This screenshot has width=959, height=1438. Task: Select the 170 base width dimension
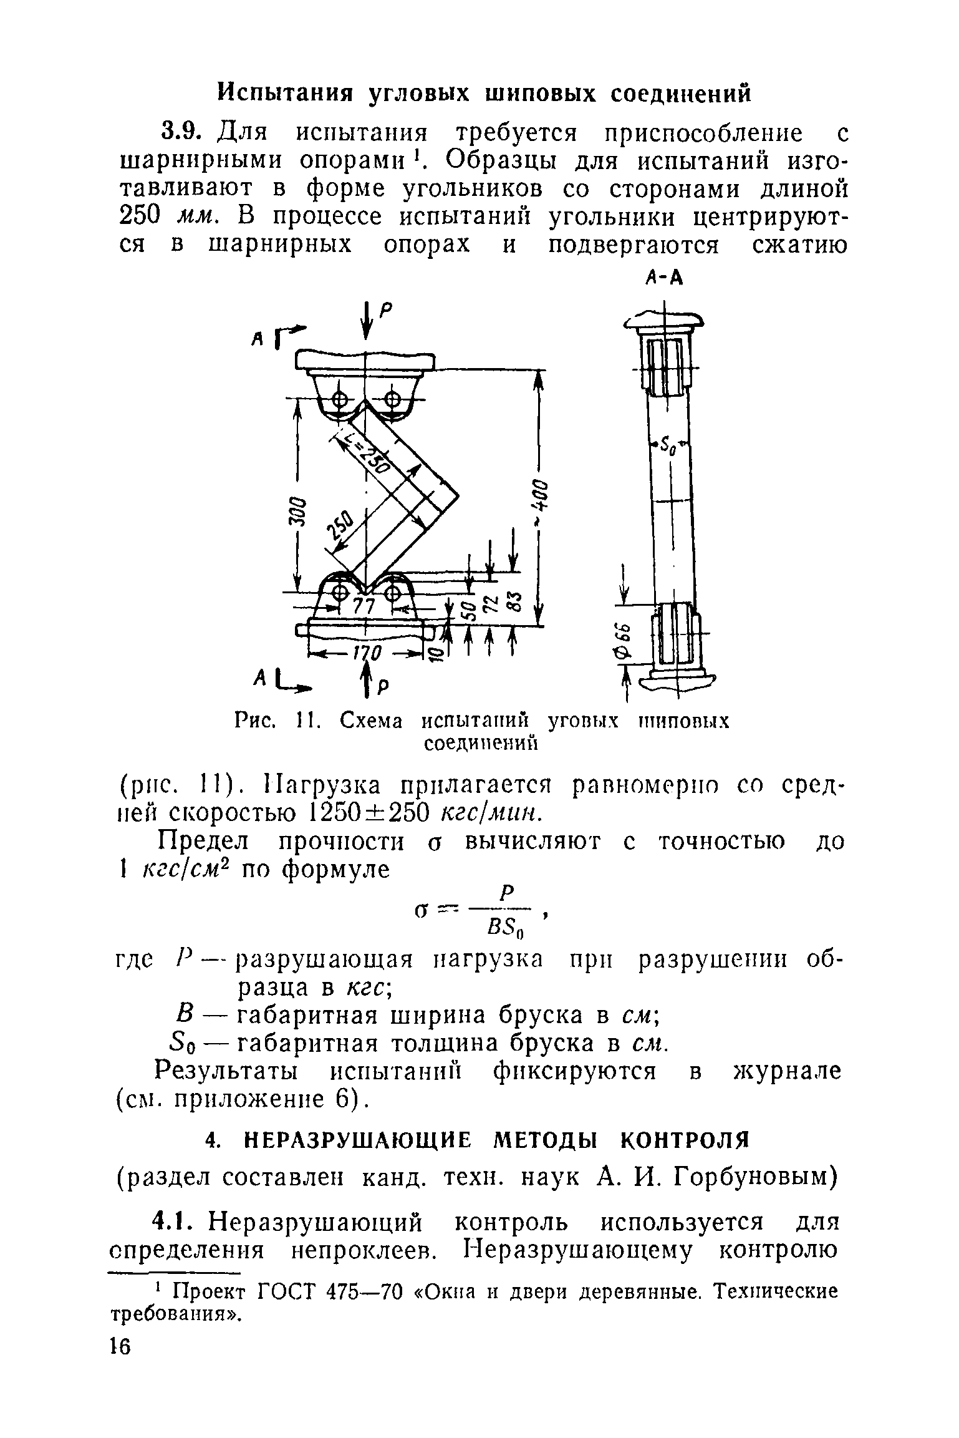[x=367, y=654]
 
